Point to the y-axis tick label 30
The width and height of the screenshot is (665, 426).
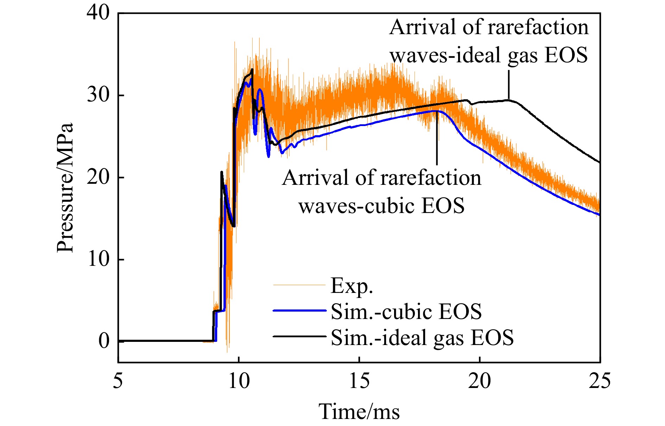(x=98, y=95)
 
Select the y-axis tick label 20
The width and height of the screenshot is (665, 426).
(x=98, y=177)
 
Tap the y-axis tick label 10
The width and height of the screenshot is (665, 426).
(x=98, y=259)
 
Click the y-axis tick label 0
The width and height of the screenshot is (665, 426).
(x=104, y=341)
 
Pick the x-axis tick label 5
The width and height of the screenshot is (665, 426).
(x=118, y=381)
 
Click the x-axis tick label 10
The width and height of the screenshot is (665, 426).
(x=239, y=381)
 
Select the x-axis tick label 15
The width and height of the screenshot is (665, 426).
(x=359, y=381)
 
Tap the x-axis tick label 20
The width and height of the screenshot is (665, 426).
(x=480, y=381)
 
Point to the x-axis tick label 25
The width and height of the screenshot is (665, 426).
(x=600, y=381)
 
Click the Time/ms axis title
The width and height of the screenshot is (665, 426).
(x=359, y=411)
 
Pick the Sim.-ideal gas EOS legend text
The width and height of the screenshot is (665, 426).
(x=422, y=337)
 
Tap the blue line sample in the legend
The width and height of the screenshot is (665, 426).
(x=300, y=311)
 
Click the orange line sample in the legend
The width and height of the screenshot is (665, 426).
(x=300, y=285)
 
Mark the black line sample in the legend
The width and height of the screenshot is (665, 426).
(x=300, y=337)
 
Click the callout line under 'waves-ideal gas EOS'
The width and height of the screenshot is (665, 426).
(x=508, y=84)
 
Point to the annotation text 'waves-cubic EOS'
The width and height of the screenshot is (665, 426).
(x=382, y=206)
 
